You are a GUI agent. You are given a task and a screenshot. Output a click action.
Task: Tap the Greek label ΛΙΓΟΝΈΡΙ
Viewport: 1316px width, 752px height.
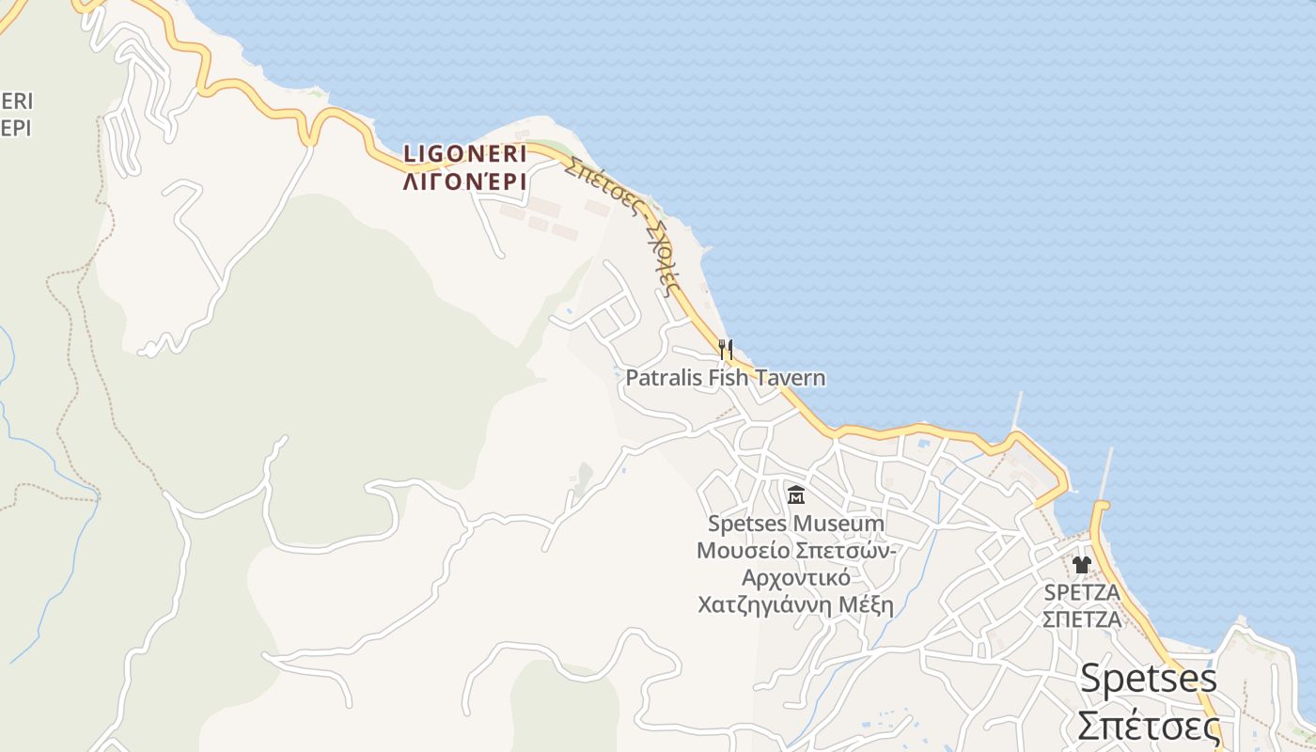click(x=465, y=181)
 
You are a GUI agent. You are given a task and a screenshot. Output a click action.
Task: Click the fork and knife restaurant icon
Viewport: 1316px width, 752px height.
click(x=725, y=350)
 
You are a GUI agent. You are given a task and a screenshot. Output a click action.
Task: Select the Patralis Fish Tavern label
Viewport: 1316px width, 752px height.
click(x=726, y=378)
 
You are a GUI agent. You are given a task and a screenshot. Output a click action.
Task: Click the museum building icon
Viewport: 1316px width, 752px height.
click(x=796, y=494)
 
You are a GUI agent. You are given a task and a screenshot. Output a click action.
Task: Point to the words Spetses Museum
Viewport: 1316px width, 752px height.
click(x=795, y=524)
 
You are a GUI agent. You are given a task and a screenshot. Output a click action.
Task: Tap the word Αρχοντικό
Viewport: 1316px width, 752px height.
click(x=795, y=577)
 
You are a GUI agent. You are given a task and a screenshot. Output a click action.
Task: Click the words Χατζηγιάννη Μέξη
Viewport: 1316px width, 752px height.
click(x=795, y=604)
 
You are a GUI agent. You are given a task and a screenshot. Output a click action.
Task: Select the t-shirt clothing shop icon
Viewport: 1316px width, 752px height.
click(x=1081, y=565)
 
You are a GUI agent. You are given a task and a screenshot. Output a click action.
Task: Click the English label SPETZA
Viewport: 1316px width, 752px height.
click(x=1082, y=593)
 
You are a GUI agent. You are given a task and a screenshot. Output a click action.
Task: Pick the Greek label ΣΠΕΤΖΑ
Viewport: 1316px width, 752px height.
click(x=1082, y=619)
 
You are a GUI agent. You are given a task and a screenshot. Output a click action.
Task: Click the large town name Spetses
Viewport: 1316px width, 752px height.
click(x=1148, y=678)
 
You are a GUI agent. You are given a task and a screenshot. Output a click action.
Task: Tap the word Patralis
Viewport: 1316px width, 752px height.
click(x=663, y=378)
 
